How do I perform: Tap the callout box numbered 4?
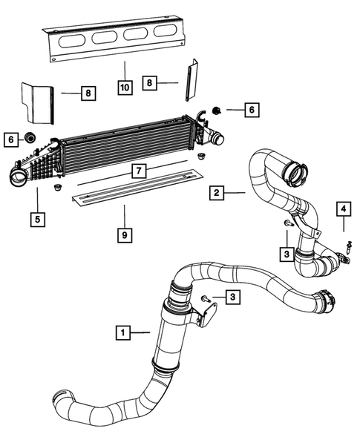coord(343,208)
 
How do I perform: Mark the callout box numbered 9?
coord(125,235)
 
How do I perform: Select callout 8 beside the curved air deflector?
coord(88,93)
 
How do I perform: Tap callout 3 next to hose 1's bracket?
coord(233,298)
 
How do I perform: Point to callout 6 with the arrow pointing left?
coord(251,110)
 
